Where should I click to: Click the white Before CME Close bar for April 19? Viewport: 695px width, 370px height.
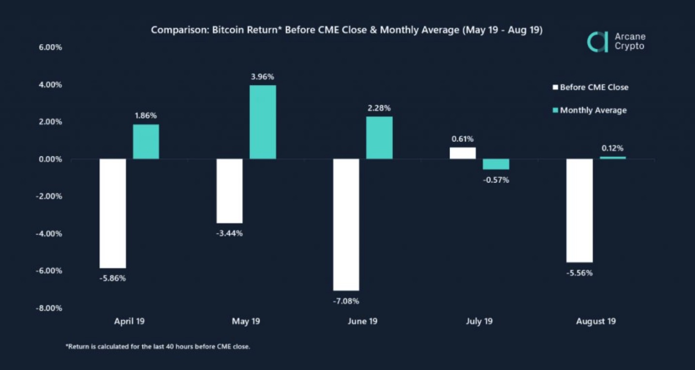click(x=113, y=213)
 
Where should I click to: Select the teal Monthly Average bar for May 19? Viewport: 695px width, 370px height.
click(x=263, y=122)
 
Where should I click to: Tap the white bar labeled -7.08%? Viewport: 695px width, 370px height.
click(x=346, y=224)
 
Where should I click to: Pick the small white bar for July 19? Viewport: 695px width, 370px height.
click(x=463, y=153)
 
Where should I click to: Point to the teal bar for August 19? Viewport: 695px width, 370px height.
click(x=613, y=157)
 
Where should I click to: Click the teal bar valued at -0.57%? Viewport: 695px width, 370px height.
click(x=496, y=164)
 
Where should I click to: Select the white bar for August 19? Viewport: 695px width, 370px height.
click(x=579, y=210)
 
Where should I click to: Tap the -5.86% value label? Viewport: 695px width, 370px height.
click(x=113, y=278)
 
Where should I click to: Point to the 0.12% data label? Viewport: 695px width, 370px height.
click(x=613, y=148)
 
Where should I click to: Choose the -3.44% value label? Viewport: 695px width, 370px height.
click(x=230, y=233)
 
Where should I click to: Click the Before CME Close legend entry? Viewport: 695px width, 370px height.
click(x=591, y=88)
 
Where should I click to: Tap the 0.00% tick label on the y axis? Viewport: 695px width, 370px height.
click(x=48, y=159)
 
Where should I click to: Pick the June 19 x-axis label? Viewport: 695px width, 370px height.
click(x=363, y=322)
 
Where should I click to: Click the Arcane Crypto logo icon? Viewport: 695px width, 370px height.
click(x=597, y=42)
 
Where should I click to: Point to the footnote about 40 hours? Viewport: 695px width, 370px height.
click(x=158, y=347)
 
